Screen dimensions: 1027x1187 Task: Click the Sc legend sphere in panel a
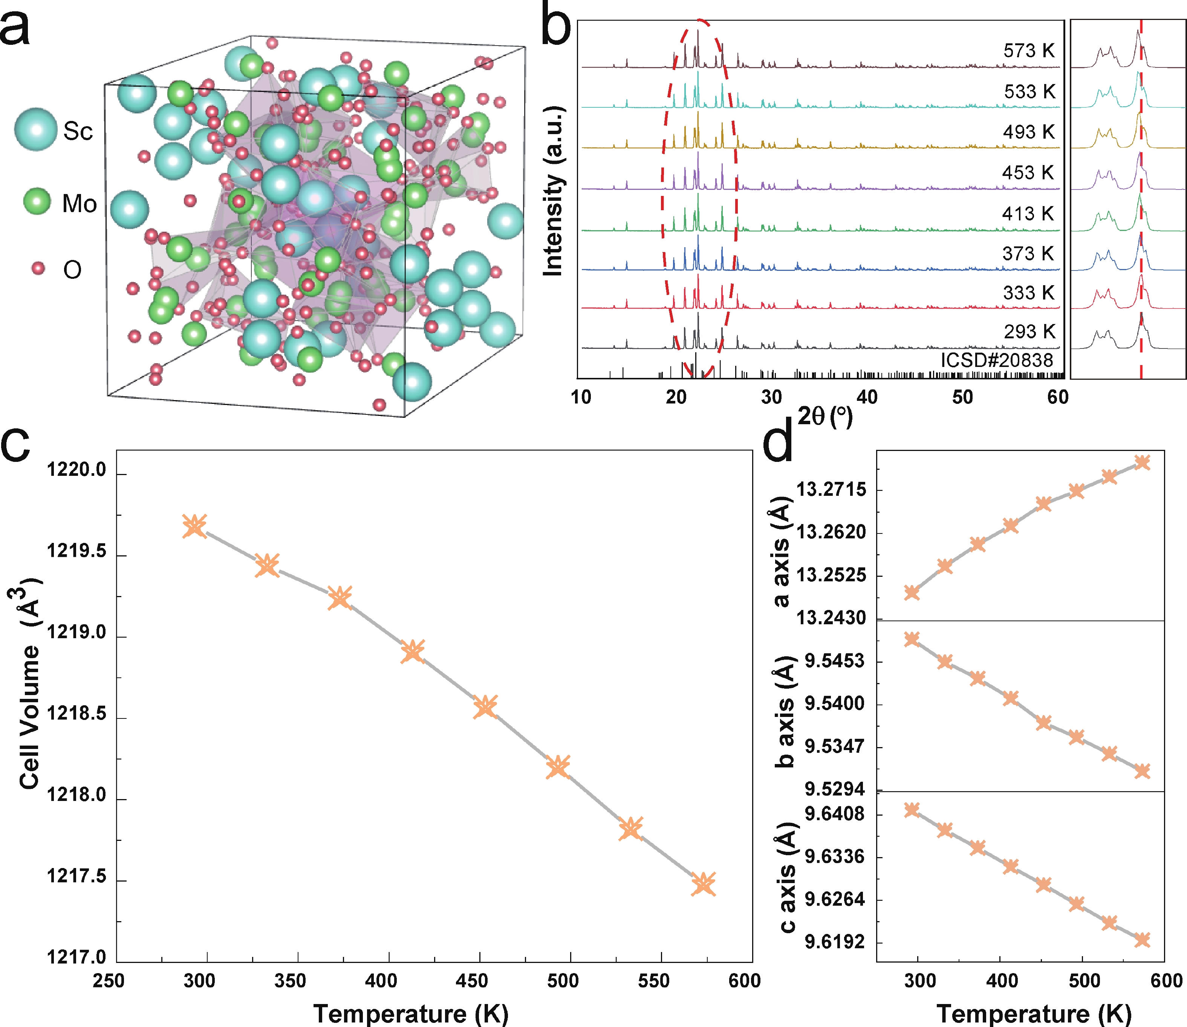pos(35,130)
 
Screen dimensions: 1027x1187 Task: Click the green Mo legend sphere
pos(38,202)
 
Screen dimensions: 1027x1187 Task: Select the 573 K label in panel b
pos(1029,50)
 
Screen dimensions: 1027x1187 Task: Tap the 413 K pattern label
pos(1028,214)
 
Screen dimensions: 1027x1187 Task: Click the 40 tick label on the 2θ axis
pos(867,397)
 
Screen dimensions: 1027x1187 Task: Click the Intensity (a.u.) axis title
pos(553,191)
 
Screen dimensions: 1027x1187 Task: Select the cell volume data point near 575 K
pos(703,884)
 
